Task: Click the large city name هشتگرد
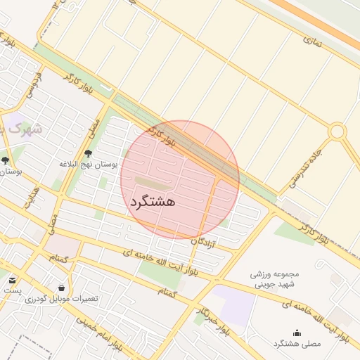[x=151, y=201]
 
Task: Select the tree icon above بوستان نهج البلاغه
[x=88, y=153]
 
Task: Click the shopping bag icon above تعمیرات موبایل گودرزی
[x=62, y=288]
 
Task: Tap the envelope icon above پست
[x=12, y=281]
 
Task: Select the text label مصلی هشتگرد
[x=296, y=343]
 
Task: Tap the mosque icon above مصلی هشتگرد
[x=296, y=333]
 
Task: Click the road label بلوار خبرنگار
[x=211, y=320]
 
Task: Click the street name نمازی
[x=311, y=40]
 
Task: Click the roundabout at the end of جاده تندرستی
[x=337, y=131]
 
